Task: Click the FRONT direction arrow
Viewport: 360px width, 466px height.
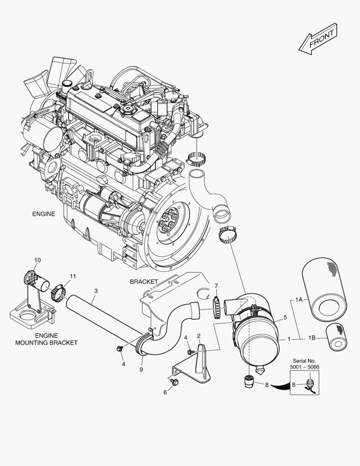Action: point(318,39)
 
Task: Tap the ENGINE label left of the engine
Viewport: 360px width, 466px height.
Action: point(44,214)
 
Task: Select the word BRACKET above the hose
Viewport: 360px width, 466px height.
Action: point(144,281)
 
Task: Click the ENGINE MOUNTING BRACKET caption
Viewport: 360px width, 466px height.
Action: point(46,339)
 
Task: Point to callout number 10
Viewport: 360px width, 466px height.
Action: point(38,260)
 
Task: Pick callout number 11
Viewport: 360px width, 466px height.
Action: point(72,276)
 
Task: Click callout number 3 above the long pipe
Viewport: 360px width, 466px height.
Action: point(95,291)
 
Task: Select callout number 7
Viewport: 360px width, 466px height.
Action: point(216,286)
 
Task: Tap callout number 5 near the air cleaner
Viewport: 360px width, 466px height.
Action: point(285,318)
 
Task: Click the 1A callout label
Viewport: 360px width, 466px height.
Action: point(301,299)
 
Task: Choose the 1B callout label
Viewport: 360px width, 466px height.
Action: point(312,338)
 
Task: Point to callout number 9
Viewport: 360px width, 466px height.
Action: point(141,369)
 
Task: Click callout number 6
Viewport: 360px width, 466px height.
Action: point(165,393)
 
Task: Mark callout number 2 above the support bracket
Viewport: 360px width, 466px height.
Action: point(198,336)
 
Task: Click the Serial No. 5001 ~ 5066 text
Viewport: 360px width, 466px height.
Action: point(304,363)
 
